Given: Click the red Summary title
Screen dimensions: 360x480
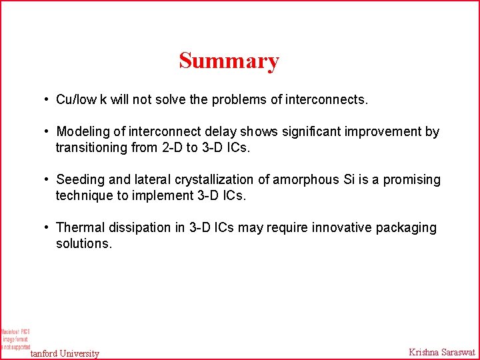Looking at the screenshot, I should [x=229, y=61].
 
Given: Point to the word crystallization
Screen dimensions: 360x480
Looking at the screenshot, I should [x=198, y=180].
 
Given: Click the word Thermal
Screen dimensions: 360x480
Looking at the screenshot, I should [x=79, y=228].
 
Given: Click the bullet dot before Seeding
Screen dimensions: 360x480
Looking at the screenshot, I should [x=47, y=180].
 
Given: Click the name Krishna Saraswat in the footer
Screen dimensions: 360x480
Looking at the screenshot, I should [x=441, y=352].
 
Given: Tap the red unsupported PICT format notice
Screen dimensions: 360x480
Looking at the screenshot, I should [x=15, y=339].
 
